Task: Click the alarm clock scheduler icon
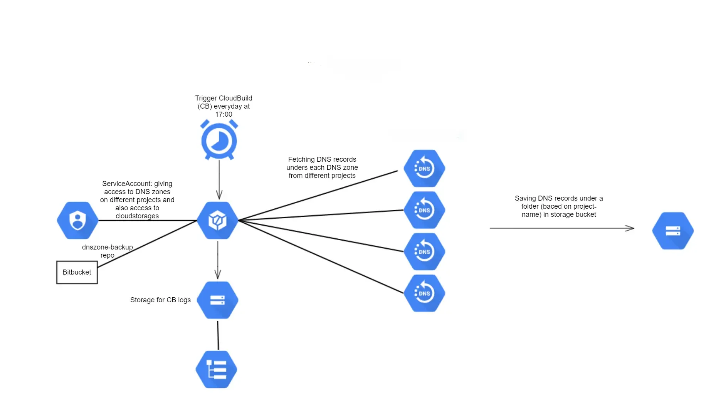click(219, 140)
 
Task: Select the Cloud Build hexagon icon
click(218, 221)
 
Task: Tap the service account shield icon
click(77, 221)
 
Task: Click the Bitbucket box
click(77, 272)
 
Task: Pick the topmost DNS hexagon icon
click(424, 168)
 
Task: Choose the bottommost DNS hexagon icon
click(424, 293)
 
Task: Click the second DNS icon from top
click(424, 210)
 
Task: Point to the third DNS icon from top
click(424, 251)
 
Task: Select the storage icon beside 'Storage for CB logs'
click(218, 300)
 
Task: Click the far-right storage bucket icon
click(673, 231)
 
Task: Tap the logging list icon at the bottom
click(217, 369)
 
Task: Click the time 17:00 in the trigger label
click(224, 114)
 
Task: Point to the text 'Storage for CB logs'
click(160, 300)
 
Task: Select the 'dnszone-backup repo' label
click(107, 251)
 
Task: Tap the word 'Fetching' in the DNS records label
click(301, 159)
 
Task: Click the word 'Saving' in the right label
click(525, 198)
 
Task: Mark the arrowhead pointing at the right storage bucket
click(630, 228)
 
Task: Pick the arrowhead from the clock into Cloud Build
click(219, 195)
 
